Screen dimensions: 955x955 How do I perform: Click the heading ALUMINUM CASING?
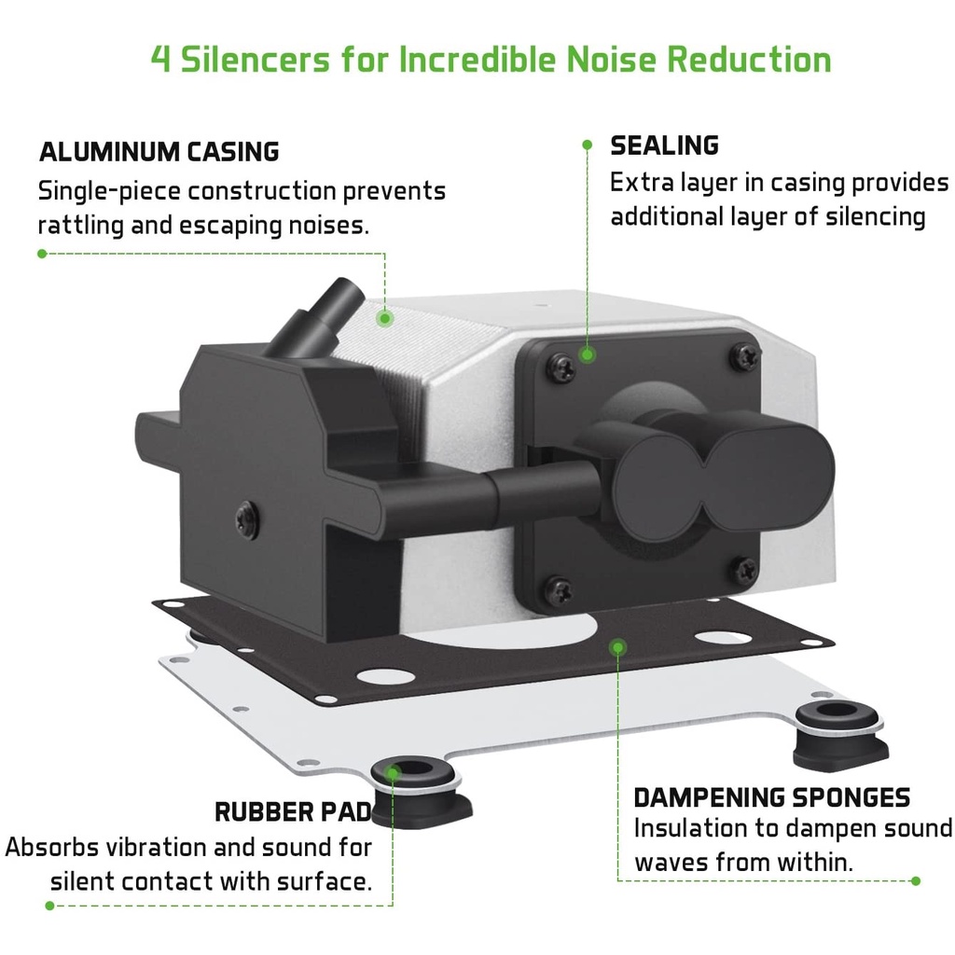(159, 151)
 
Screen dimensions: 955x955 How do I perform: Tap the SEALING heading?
(664, 145)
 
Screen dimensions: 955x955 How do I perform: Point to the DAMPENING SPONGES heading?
(771, 797)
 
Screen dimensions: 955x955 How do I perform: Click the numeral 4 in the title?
(160, 60)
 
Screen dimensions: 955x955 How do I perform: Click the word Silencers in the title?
(256, 60)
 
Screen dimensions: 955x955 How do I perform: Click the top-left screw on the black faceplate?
(561, 367)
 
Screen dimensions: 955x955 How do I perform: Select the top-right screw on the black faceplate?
(744, 355)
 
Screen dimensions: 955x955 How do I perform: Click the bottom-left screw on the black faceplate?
(559, 590)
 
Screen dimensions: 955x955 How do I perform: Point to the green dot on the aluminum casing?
(384, 318)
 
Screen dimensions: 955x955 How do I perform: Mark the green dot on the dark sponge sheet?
(616, 645)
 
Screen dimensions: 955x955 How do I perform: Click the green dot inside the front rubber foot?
(394, 772)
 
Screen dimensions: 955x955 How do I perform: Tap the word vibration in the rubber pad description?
(181, 848)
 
